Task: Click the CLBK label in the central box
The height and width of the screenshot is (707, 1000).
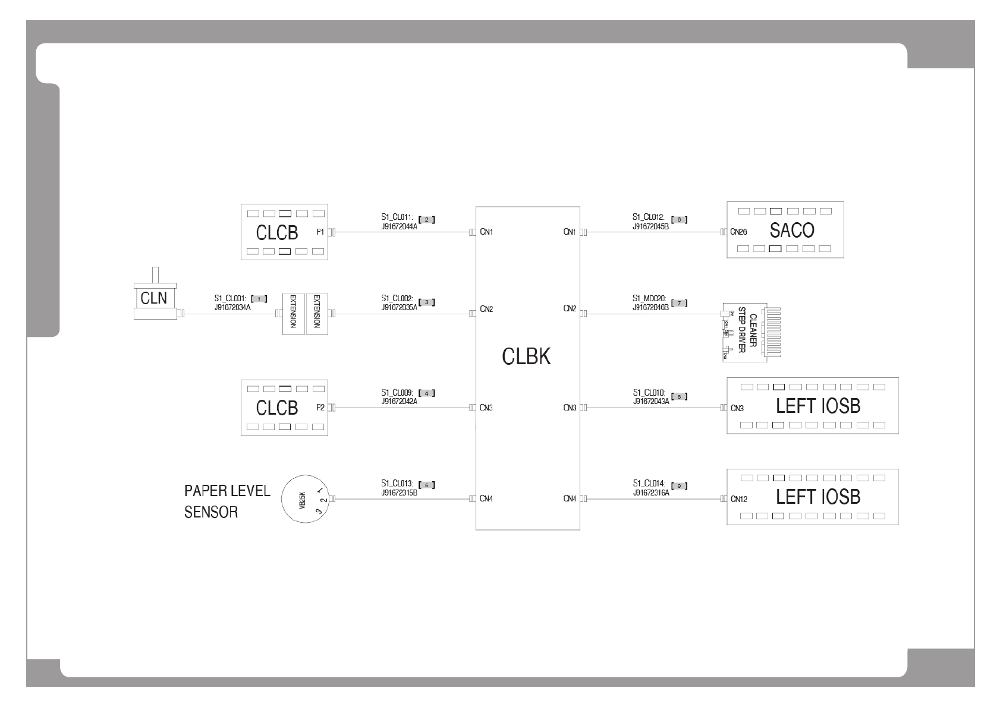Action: (x=526, y=356)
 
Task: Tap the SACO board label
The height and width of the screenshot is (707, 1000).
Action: (x=792, y=230)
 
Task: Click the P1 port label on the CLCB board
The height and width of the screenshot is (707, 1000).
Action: (x=320, y=232)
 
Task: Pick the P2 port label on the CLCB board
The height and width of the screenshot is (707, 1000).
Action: (x=320, y=408)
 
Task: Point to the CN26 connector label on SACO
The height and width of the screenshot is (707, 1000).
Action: (x=738, y=232)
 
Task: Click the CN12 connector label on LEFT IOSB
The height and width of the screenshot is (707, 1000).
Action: (x=738, y=499)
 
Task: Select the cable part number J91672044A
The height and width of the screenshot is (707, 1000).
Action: (x=399, y=226)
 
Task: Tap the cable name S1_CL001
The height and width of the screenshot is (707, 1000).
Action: (x=231, y=299)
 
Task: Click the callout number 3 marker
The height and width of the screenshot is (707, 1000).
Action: (x=427, y=302)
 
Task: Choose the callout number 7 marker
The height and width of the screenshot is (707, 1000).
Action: (x=679, y=304)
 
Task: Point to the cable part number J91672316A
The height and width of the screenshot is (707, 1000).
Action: (x=651, y=493)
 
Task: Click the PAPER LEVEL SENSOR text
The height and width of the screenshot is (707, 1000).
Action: (x=227, y=501)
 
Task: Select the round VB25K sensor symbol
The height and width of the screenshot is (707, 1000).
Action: (x=305, y=498)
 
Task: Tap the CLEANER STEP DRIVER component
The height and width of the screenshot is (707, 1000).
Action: (x=749, y=333)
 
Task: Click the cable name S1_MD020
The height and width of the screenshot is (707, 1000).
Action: (x=650, y=299)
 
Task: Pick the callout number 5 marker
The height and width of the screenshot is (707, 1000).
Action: (x=427, y=485)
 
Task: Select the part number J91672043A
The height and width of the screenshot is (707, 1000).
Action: (x=651, y=401)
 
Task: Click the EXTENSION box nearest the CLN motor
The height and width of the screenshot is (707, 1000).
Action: (x=293, y=313)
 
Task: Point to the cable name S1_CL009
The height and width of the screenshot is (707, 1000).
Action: (x=399, y=393)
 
